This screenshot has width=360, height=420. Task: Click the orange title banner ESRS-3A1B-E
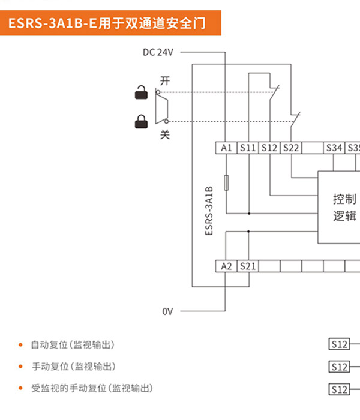(x=110, y=23)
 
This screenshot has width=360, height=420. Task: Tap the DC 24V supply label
(x=158, y=52)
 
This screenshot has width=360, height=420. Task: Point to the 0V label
(x=167, y=311)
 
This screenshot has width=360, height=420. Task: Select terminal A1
(x=226, y=148)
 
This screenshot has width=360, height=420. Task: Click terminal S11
(x=248, y=148)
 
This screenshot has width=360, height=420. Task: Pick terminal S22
(x=291, y=148)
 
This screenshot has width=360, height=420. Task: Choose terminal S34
(x=334, y=148)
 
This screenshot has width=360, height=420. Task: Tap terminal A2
(x=226, y=266)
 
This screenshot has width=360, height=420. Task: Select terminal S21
(x=248, y=266)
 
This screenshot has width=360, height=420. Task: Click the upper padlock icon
(x=141, y=92)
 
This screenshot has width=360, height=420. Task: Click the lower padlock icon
(x=141, y=122)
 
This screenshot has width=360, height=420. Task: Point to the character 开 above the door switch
(x=165, y=80)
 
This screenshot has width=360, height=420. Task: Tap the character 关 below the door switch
(x=165, y=135)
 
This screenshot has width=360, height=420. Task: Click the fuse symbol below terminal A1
(x=226, y=182)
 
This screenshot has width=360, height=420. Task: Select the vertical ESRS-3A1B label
(x=209, y=211)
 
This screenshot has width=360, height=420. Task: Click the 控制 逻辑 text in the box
(x=345, y=208)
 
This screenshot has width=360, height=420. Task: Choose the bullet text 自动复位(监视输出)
(x=73, y=345)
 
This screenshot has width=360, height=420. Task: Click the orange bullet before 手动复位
(x=20, y=367)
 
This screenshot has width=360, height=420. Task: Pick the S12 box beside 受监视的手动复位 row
(x=340, y=389)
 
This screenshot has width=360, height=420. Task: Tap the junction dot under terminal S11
(x=249, y=214)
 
